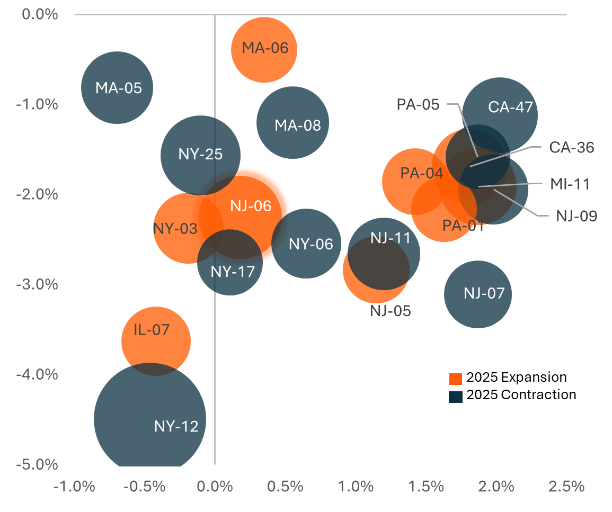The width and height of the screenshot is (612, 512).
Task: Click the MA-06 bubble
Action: tap(264, 49)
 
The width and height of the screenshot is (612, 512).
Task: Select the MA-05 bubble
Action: tap(117, 87)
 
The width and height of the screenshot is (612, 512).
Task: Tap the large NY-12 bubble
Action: tap(150, 418)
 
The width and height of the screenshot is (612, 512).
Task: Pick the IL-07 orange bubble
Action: tap(156, 340)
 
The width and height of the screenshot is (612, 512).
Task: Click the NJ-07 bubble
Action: tap(478, 294)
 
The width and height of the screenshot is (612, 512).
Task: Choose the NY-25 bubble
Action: tap(200, 155)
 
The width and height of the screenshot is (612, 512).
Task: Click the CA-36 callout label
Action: tap(572, 147)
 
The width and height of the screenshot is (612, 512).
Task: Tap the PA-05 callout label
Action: tap(418, 104)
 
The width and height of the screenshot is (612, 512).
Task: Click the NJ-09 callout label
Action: tap(576, 216)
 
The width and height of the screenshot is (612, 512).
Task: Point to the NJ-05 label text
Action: tap(391, 311)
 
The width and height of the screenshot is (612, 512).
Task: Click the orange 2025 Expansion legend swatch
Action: tap(455, 379)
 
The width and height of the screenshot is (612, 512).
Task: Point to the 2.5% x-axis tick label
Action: tap(566, 486)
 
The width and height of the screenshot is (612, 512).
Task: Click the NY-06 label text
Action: tap(311, 244)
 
